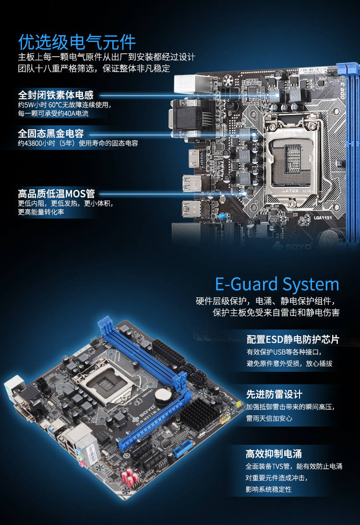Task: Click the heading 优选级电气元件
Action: coord(77,42)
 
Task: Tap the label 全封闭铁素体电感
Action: coord(56,95)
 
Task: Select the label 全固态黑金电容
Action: coord(51,133)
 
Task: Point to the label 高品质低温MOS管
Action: coord(57,194)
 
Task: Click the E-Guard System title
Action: coord(277,285)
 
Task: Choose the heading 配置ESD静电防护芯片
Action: coord(293,339)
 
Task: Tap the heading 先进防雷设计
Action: coord(275,394)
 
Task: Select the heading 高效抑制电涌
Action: coord(274,454)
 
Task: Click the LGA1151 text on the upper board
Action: coord(323,218)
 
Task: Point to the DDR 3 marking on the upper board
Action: coord(342,90)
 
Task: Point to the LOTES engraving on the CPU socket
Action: coord(290,191)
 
